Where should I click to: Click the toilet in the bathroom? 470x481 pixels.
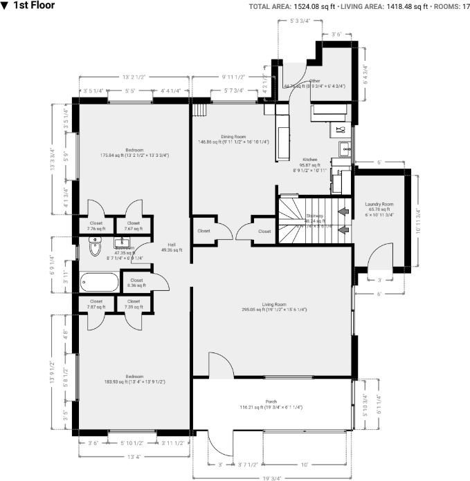click(96, 248)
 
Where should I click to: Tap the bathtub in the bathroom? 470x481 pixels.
click(100, 282)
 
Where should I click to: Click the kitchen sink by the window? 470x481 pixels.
click(344, 147)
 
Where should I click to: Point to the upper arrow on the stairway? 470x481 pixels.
click(342, 209)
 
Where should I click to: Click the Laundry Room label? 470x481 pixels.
click(379, 205)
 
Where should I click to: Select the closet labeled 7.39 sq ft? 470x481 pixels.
click(133, 303)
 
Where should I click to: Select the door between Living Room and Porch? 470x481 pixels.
click(220, 366)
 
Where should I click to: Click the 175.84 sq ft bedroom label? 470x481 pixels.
click(134, 153)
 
